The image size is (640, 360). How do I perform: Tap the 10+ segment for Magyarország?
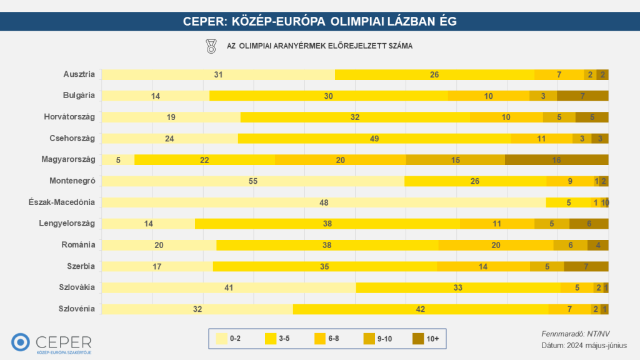(x=556, y=160)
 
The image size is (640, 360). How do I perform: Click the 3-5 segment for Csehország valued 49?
(x=374, y=139)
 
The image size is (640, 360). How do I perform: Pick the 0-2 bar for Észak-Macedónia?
(x=324, y=202)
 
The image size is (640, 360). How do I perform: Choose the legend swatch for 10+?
(x=419, y=339)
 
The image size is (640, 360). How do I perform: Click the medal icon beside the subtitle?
(x=211, y=46)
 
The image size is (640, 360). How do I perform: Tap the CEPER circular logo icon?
(x=21, y=342)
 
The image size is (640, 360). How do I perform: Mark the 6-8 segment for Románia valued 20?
(x=496, y=245)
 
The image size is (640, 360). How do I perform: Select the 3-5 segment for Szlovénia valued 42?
(x=421, y=309)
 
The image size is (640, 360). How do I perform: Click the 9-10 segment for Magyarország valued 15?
(x=456, y=160)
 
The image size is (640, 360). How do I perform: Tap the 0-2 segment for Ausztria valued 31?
(x=218, y=75)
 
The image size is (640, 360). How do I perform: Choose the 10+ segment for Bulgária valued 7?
(x=582, y=96)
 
